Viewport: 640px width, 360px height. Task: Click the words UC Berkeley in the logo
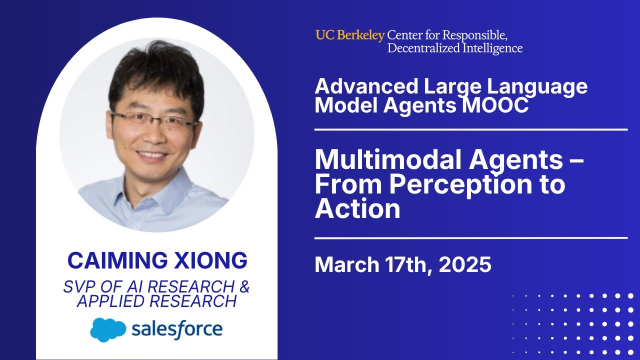point(349,35)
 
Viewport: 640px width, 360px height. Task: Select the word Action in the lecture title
point(357,208)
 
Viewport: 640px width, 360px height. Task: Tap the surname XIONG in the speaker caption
point(215,260)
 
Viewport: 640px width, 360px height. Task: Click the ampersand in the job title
point(243,287)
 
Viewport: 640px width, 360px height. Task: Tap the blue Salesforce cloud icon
point(108,329)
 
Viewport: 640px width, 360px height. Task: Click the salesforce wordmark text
point(177,329)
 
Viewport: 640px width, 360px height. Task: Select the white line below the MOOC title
point(470,129)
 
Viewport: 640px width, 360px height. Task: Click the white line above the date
point(470,238)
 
